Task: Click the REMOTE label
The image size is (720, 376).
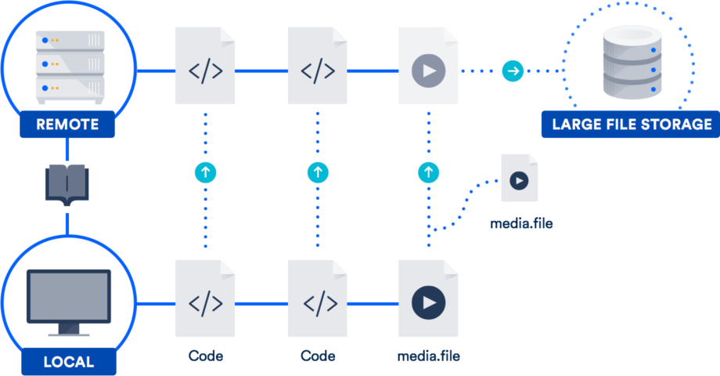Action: pos(67,125)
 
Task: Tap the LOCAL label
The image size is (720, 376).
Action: pos(67,362)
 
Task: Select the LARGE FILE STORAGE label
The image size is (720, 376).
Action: pos(632,125)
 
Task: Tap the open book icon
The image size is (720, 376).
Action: pos(67,186)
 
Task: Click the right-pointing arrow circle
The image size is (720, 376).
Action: pos(513,71)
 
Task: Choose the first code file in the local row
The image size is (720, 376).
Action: pos(205,299)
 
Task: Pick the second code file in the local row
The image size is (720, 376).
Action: pos(317,299)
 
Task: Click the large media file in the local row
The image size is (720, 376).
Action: pos(428,299)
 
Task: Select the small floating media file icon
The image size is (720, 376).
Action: pos(520,179)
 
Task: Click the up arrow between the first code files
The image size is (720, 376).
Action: pos(205,171)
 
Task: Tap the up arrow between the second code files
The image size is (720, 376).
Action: pos(317,171)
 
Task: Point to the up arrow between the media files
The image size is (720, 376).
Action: pos(428,171)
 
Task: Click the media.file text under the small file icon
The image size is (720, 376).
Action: pos(521,224)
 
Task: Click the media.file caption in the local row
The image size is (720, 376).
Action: pos(429,356)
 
